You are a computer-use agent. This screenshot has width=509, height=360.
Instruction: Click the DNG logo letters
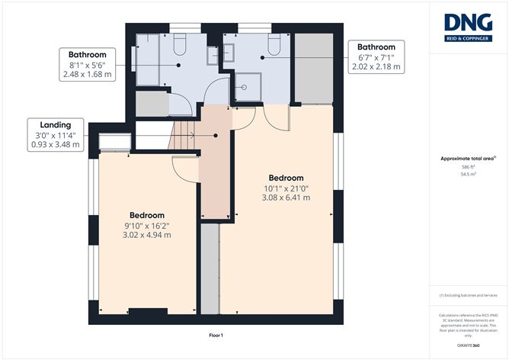point(468,24)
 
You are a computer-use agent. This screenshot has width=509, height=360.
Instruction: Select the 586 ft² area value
point(468,166)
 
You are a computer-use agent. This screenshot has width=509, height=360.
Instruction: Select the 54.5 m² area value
point(468,174)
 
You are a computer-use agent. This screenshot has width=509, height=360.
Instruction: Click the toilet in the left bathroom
point(180,48)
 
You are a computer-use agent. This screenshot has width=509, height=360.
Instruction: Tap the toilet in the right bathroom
point(273,48)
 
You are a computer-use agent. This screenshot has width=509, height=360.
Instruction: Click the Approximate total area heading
point(468,158)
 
